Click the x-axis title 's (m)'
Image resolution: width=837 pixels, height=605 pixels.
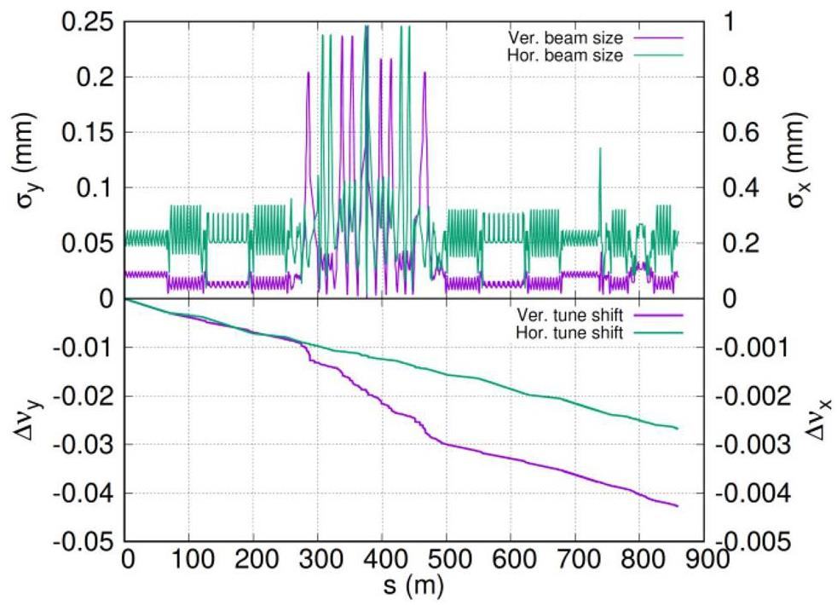click(x=413, y=585)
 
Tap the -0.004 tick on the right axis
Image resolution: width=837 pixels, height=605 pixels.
click(x=741, y=493)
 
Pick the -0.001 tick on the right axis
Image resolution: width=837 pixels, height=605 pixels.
click(x=741, y=348)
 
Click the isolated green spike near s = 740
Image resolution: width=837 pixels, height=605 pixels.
click(x=600, y=149)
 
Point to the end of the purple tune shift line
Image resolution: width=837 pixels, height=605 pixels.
click(x=678, y=506)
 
